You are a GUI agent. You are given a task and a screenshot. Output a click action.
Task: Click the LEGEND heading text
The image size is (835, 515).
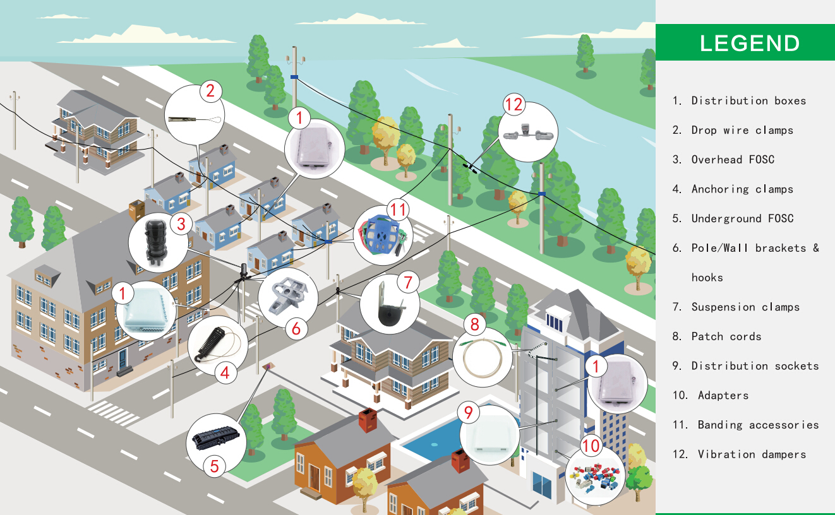[x=750, y=43]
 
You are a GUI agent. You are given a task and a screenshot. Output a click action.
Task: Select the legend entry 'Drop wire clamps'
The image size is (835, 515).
[x=742, y=130]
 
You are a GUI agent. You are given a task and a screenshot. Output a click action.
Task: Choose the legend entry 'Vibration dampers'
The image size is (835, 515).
[x=752, y=454]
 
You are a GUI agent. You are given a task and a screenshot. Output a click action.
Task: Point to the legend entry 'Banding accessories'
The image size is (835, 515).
[x=758, y=425]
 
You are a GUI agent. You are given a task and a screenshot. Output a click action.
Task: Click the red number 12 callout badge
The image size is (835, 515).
[x=515, y=104]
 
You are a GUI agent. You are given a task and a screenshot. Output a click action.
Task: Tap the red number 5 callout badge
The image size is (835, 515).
[x=214, y=466]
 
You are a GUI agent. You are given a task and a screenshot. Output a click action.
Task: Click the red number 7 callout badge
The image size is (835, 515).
[x=408, y=281]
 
